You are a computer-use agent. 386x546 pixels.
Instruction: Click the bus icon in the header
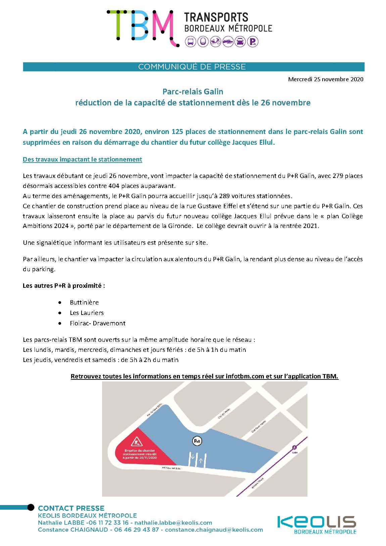pos(191,42)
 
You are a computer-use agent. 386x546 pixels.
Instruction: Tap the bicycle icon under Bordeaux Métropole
pos(215,42)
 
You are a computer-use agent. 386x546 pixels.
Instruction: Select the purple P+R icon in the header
pos(253,42)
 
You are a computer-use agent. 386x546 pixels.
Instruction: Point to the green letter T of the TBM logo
pos(115,25)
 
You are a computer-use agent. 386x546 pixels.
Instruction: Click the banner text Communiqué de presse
pos(192,67)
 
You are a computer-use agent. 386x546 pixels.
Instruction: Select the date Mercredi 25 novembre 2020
pos(326,80)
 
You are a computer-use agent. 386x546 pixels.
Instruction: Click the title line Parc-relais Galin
pos(193,91)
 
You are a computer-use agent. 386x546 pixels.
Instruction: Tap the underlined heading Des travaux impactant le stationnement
pos(82,160)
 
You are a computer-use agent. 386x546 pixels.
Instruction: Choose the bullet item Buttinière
pos(84,302)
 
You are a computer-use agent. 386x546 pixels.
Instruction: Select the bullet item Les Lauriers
pos(87,313)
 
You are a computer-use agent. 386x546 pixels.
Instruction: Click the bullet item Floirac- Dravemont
pos(97,323)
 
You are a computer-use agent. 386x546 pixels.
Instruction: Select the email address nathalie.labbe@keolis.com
pos(173,522)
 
